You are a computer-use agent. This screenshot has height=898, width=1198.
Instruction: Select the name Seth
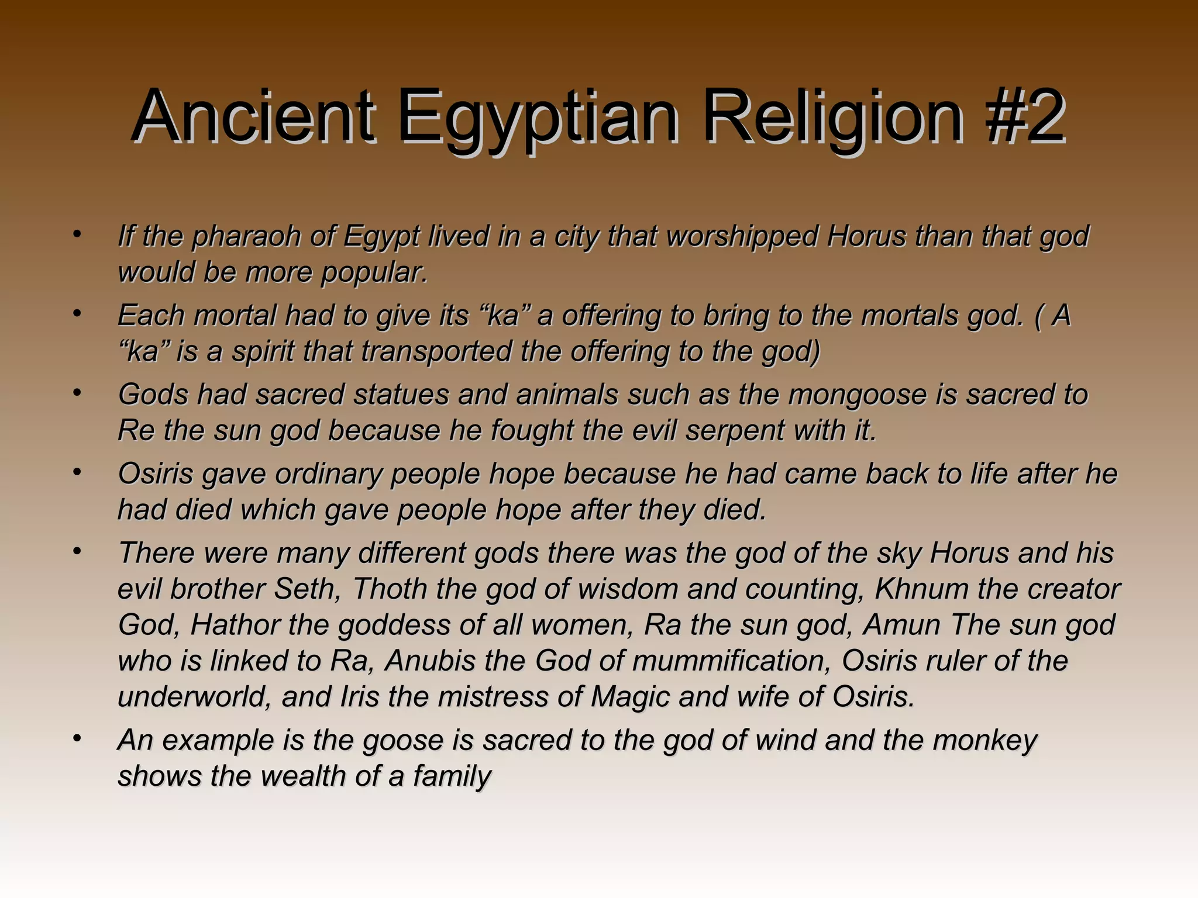[x=307, y=589]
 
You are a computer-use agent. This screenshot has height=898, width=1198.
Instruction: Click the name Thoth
[x=389, y=589]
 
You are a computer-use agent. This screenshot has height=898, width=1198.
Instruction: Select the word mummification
[x=732, y=661]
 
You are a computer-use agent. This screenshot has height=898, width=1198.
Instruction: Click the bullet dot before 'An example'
[x=77, y=739]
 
